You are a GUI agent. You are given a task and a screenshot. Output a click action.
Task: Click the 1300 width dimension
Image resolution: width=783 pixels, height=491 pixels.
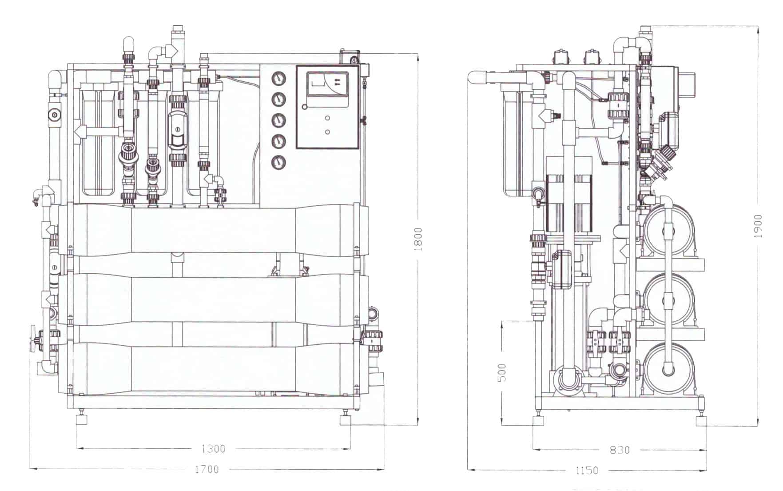213,449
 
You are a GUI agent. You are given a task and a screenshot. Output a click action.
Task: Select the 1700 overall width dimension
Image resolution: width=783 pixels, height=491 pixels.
207,469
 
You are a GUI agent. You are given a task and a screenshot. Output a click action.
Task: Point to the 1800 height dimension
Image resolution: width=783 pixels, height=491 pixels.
418,239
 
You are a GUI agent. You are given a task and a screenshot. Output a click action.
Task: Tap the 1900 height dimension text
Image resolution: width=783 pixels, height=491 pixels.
758,226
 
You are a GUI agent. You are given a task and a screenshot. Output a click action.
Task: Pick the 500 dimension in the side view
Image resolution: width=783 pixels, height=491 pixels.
501,372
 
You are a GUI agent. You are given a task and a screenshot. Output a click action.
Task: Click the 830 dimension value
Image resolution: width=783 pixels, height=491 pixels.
620,450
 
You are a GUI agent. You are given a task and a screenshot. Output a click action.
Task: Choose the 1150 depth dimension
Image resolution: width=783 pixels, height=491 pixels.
587,470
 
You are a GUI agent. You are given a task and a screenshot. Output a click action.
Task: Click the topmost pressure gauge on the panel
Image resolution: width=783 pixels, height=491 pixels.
278,79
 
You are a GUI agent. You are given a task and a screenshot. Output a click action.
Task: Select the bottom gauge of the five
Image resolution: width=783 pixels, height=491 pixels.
278,162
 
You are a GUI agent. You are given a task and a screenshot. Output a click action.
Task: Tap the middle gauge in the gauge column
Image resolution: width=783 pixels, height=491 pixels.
278,120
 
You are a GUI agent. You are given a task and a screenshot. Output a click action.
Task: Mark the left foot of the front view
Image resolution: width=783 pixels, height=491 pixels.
82,419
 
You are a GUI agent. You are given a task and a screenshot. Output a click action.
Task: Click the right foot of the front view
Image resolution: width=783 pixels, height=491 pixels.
346,419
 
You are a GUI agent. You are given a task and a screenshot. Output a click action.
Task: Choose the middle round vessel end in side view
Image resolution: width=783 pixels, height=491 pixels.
668,300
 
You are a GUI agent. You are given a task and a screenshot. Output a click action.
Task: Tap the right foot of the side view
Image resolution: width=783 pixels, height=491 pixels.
701,419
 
